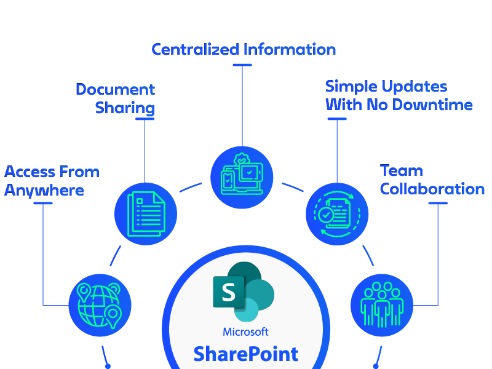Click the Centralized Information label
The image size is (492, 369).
[244, 49]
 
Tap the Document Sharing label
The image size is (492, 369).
[116, 98]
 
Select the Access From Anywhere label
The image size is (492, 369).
[52, 181]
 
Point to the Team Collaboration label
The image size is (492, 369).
[432, 180]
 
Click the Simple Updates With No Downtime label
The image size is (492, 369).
[399, 95]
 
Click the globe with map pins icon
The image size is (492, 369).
[100, 304]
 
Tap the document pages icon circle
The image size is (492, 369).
[146, 214]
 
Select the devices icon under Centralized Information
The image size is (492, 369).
[242, 177]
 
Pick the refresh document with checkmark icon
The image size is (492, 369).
[337, 214]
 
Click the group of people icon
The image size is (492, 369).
[382, 305]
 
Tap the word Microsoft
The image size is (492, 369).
[245, 332]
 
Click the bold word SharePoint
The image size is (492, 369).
[245, 354]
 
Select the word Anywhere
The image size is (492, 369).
[44, 190]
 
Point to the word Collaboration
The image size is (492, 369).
[432, 189]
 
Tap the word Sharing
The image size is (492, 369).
[125, 108]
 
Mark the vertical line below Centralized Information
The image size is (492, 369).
[242, 101]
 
